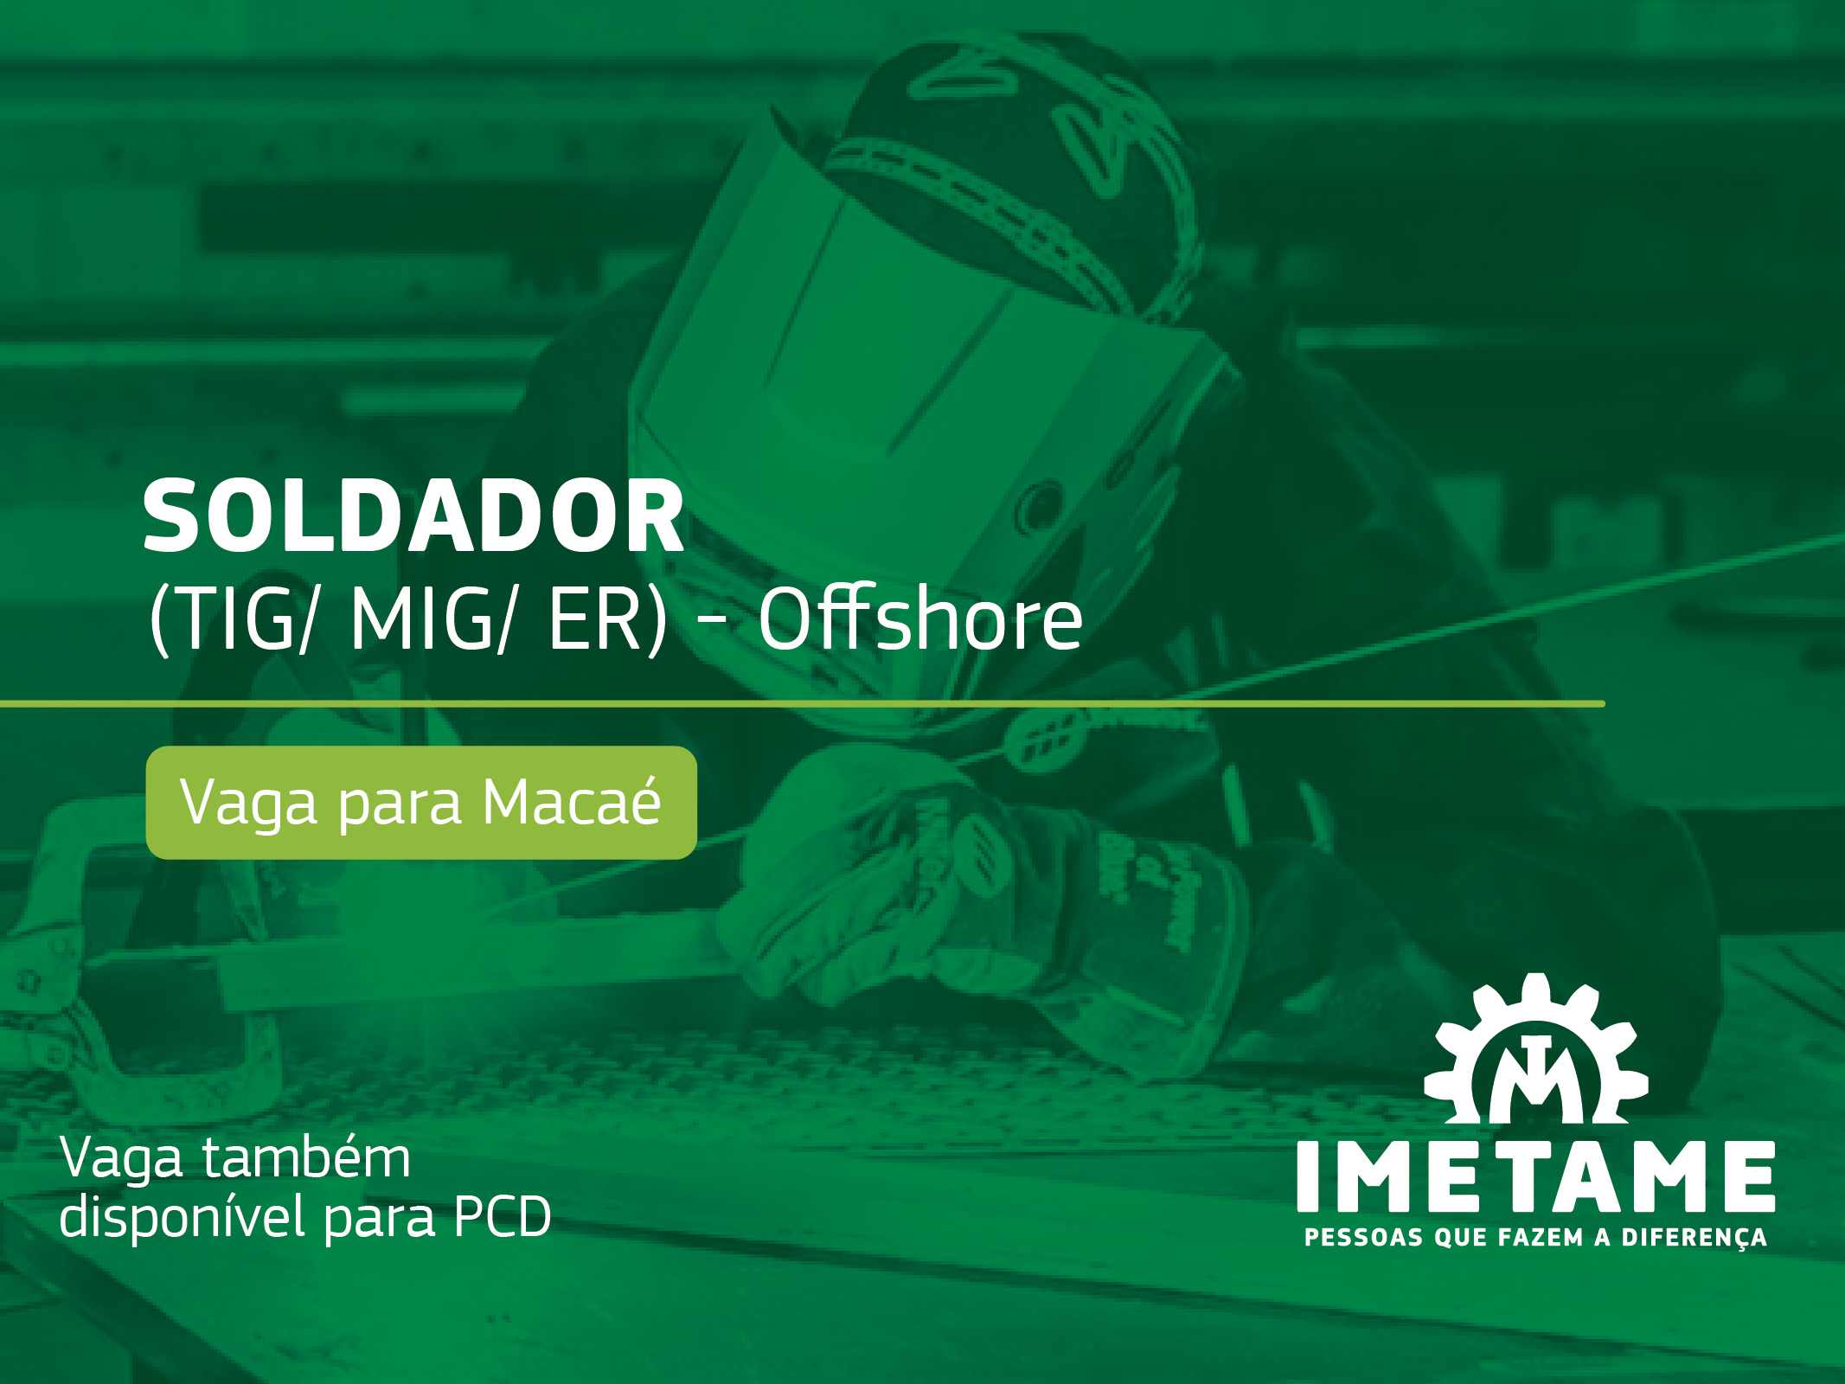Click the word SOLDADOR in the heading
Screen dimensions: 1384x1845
[x=413, y=516]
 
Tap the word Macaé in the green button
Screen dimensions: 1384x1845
[x=571, y=802]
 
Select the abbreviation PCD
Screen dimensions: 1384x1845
[x=502, y=1218]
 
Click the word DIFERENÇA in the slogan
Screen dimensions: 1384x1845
[x=1693, y=1238]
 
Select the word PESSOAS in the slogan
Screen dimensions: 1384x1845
[x=1363, y=1238]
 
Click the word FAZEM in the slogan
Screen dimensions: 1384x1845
[x=1541, y=1238]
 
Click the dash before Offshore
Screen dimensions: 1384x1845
[x=711, y=620]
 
